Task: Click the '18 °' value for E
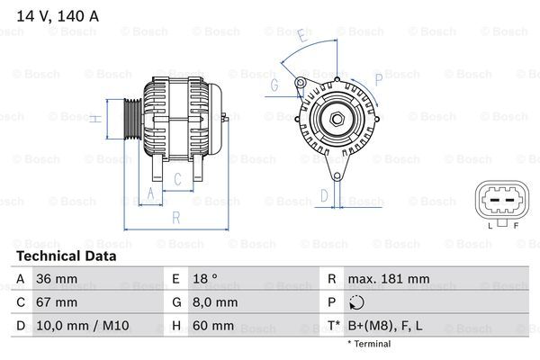tap(205, 279)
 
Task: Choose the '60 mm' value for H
tap(213, 326)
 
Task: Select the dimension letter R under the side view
tap(176, 217)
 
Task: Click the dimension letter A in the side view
tap(150, 193)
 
